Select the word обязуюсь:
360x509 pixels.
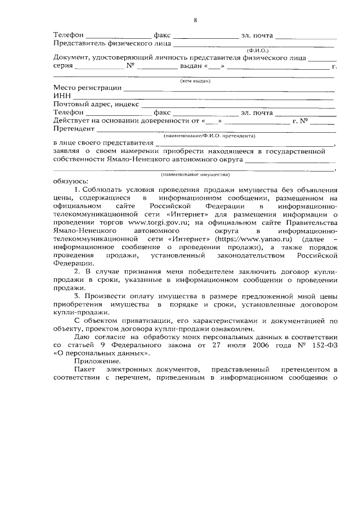[70, 181]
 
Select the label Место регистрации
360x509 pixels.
[87, 88]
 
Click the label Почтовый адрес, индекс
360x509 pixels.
[96, 105]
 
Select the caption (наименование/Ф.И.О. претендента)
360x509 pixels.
[209, 136]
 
